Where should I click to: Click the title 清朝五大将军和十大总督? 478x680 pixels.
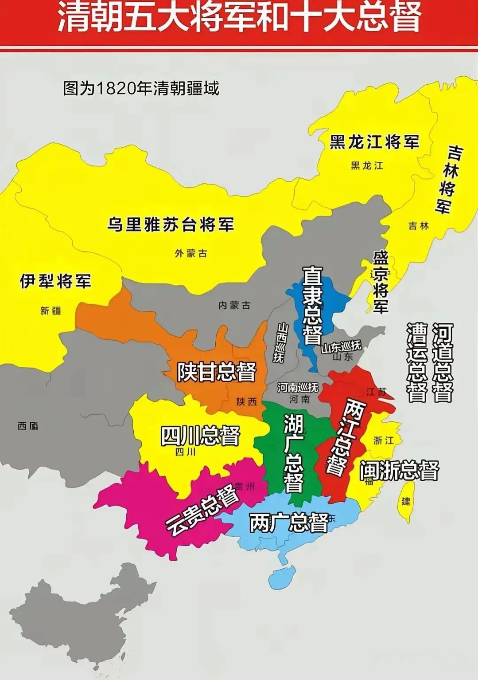click(239, 19)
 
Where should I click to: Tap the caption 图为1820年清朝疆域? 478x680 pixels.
click(141, 88)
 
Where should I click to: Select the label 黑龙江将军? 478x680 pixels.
click(374, 142)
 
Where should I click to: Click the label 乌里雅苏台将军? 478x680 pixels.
click(171, 224)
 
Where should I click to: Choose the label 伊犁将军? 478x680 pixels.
click(55, 281)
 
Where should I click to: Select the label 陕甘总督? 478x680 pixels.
click(217, 372)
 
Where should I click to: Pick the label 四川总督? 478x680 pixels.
click(200, 436)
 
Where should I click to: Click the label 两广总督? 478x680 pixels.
click(289, 523)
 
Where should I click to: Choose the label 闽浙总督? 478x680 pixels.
click(399, 470)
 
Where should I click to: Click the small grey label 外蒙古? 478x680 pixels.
click(190, 253)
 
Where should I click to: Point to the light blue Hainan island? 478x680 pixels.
click(282, 577)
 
